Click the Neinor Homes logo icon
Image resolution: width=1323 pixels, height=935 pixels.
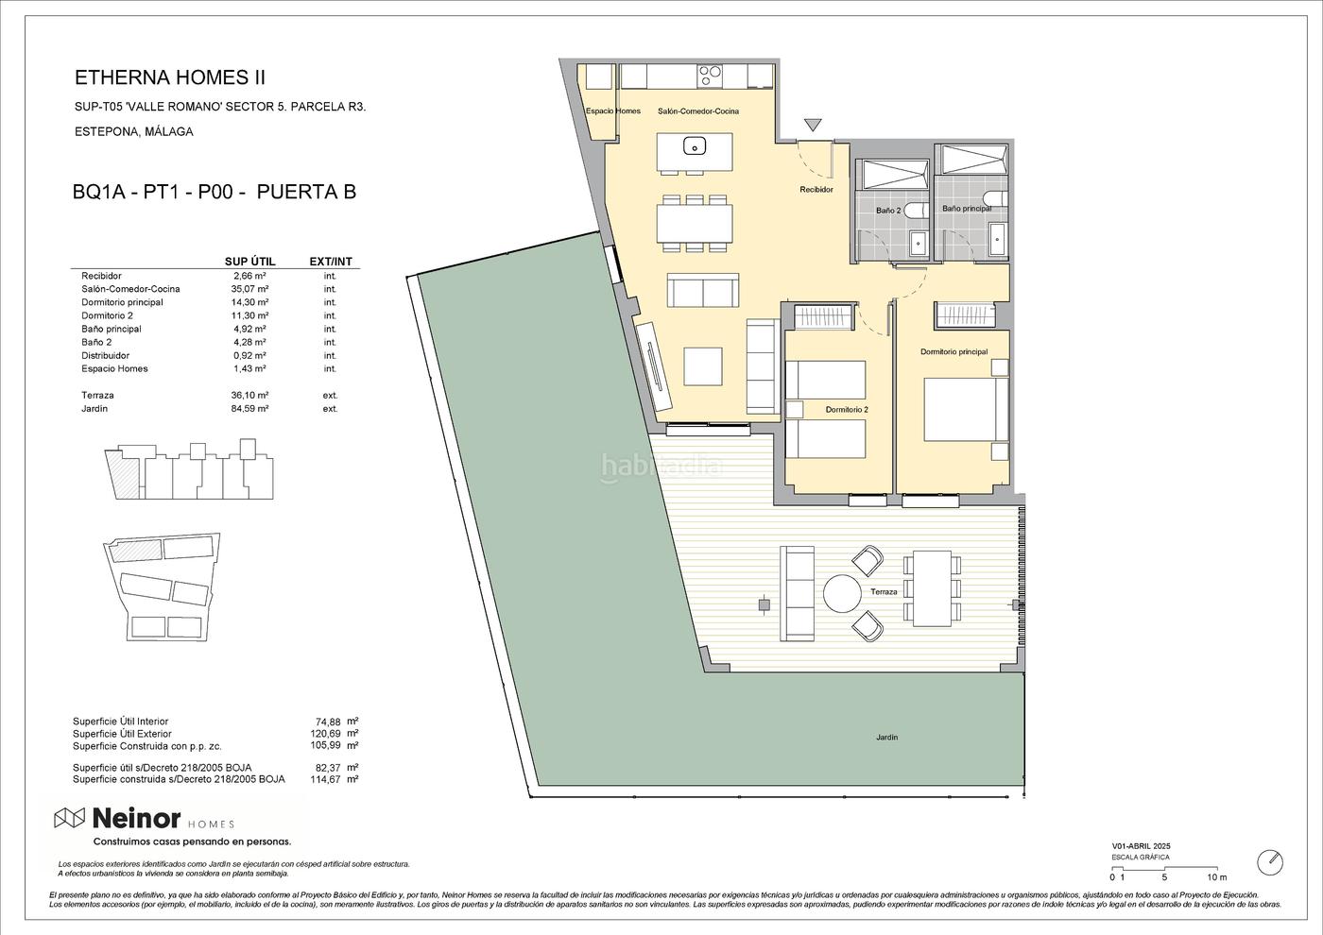pyautogui.click(x=70, y=819)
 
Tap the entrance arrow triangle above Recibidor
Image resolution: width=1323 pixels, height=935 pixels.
pyautogui.click(x=814, y=125)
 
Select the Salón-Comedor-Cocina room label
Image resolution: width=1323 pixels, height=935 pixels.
pyautogui.click(x=698, y=111)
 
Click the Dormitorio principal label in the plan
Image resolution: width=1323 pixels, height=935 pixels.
pyautogui.click(x=954, y=351)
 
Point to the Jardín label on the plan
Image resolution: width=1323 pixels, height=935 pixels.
pyautogui.click(x=887, y=738)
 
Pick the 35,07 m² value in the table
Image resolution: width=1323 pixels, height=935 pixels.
pyautogui.click(x=249, y=289)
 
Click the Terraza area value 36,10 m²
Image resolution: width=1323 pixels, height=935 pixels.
pyautogui.click(x=249, y=396)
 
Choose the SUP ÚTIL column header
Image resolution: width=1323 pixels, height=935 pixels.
pyautogui.click(x=249, y=262)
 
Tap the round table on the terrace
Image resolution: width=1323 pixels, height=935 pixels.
pyautogui.click(x=842, y=593)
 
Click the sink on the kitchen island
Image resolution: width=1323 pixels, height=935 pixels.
pyautogui.click(x=695, y=145)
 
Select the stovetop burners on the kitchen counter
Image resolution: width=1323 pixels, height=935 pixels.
pyautogui.click(x=710, y=76)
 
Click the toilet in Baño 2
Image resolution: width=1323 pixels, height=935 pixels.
pyautogui.click(x=916, y=210)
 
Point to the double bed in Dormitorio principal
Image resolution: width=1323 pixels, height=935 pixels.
pyautogui.click(x=966, y=409)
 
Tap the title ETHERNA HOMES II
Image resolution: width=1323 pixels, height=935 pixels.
pyautogui.click(x=170, y=77)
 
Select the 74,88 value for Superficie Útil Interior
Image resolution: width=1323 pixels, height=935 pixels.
pyautogui.click(x=328, y=722)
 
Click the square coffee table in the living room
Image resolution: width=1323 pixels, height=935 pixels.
pyautogui.click(x=703, y=366)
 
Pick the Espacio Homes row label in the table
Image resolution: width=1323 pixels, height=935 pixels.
pyautogui.click(x=114, y=369)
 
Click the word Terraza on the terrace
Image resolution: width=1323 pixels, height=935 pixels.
pyautogui.click(x=884, y=591)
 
